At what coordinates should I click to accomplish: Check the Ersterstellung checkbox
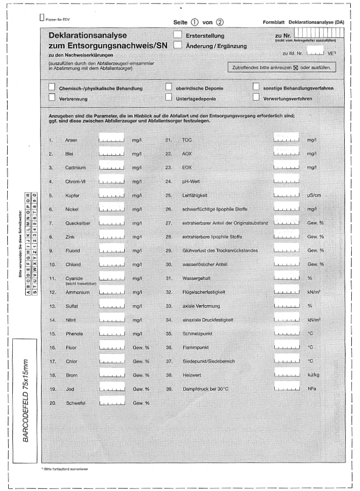[178, 34]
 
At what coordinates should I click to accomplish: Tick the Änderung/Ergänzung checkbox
[178, 45]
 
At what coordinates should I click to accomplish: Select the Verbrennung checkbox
[52, 97]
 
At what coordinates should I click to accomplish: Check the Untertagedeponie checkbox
[168, 97]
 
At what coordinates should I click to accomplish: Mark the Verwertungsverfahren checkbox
[256, 97]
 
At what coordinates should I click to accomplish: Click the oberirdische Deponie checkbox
[168, 87]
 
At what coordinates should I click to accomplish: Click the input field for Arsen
[111, 138]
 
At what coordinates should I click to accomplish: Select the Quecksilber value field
[111, 221]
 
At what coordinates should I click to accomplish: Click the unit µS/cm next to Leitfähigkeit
[314, 196]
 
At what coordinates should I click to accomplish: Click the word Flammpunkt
[187, 348]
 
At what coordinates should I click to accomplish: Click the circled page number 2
[220, 23]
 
